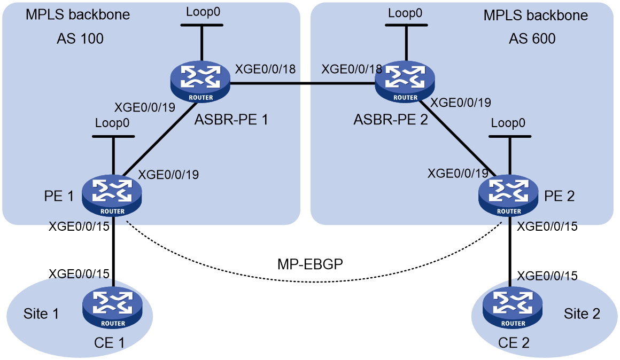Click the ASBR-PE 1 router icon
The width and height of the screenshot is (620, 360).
point(200,82)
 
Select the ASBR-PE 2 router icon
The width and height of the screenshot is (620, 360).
point(405,82)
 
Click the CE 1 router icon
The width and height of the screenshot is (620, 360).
point(112,308)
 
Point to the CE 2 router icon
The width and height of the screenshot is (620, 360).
point(513,308)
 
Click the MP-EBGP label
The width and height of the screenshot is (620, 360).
point(310,264)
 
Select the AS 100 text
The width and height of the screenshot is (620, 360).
point(80,39)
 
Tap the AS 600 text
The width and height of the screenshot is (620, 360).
point(532,39)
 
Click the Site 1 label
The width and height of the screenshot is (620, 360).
point(41,314)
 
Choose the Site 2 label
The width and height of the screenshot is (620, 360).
point(582,314)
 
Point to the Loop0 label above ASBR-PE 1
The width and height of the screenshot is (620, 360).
point(203,12)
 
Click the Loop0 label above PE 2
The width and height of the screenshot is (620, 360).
point(508,123)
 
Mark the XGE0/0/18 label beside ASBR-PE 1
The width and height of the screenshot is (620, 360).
point(265,69)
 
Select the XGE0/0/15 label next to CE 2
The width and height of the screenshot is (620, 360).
point(547,276)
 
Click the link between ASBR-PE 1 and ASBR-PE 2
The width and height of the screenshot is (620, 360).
point(303,83)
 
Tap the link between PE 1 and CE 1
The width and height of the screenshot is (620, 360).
point(113,252)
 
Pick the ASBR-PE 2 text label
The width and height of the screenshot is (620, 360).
point(391,119)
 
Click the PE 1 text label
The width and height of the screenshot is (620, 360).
point(59,196)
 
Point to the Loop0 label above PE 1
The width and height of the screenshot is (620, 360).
point(112,123)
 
